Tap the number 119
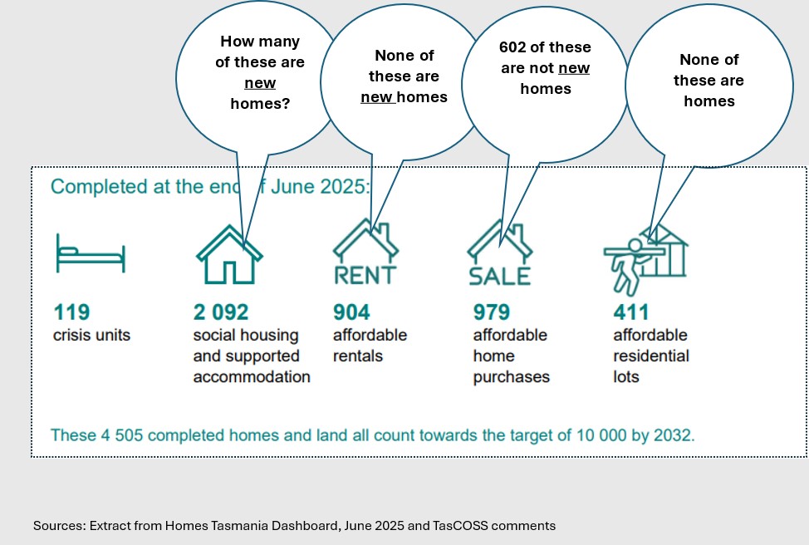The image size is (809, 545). pyautogui.click(x=71, y=312)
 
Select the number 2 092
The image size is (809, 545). pyautogui.click(x=221, y=312)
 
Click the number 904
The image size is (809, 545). pyautogui.click(x=351, y=312)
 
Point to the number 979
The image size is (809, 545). pyautogui.click(x=492, y=312)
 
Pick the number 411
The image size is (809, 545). pyautogui.click(x=631, y=312)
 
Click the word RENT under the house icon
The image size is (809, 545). pyautogui.click(x=365, y=275)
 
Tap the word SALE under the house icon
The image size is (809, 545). pyautogui.click(x=499, y=276)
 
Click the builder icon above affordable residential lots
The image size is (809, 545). pyautogui.click(x=645, y=259)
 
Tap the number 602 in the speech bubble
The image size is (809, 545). pyautogui.click(x=512, y=47)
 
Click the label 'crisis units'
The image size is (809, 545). pyautogui.click(x=92, y=335)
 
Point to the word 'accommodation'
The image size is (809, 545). pyautogui.click(x=252, y=376)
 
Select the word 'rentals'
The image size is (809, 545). pyautogui.click(x=358, y=356)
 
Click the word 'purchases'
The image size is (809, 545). pyautogui.click(x=512, y=377)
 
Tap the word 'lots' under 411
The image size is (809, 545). pyautogui.click(x=626, y=376)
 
